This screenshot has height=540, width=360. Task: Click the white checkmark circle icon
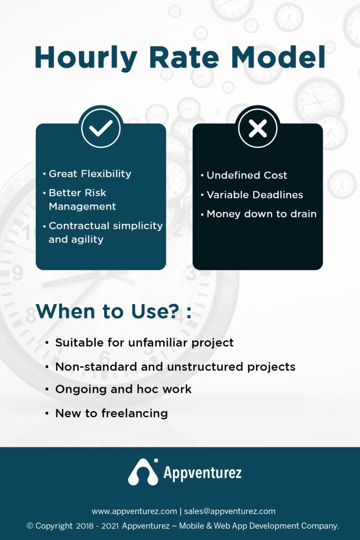point(101,128)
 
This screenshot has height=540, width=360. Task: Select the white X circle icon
point(257,128)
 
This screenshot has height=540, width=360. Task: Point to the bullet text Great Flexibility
point(90,174)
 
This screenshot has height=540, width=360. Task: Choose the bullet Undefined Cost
point(247,175)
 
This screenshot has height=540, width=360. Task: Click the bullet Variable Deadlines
point(255,195)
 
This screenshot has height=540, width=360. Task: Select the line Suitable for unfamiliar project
point(144,342)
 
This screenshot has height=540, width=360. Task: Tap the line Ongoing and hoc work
point(123,389)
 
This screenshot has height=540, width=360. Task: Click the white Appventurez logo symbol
point(143,472)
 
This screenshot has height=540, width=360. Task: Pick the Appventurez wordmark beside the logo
point(202,472)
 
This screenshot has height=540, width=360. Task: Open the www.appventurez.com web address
point(134,511)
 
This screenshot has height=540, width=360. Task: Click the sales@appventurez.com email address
point(230,511)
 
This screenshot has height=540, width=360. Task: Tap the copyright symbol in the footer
point(30,526)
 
